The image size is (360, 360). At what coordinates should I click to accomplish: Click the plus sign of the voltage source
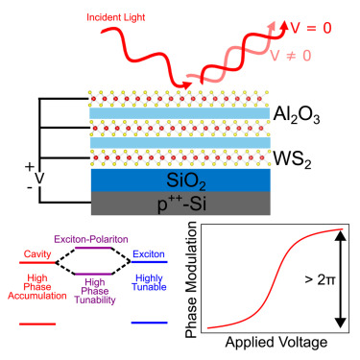coord(28,166)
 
